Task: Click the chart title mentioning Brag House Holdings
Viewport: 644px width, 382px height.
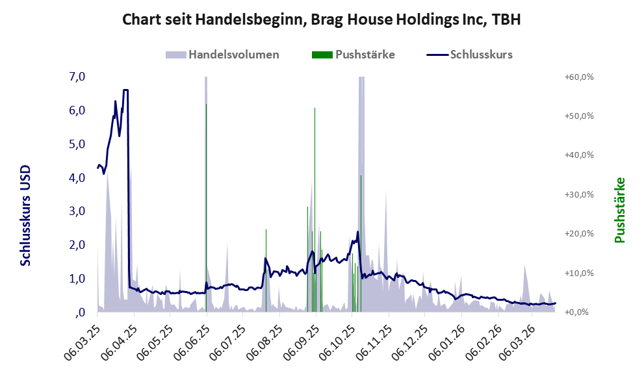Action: point(322,20)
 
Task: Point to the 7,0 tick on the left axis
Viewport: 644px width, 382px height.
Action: point(77,77)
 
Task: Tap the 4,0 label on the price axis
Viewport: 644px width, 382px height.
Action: point(77,178)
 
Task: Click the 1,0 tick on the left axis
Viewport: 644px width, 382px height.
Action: point(77,279)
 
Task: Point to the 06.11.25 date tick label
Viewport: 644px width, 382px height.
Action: point(376,339)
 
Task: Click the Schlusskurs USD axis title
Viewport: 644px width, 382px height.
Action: point(26,214)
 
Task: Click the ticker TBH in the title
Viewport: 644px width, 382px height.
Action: point(506,20)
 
